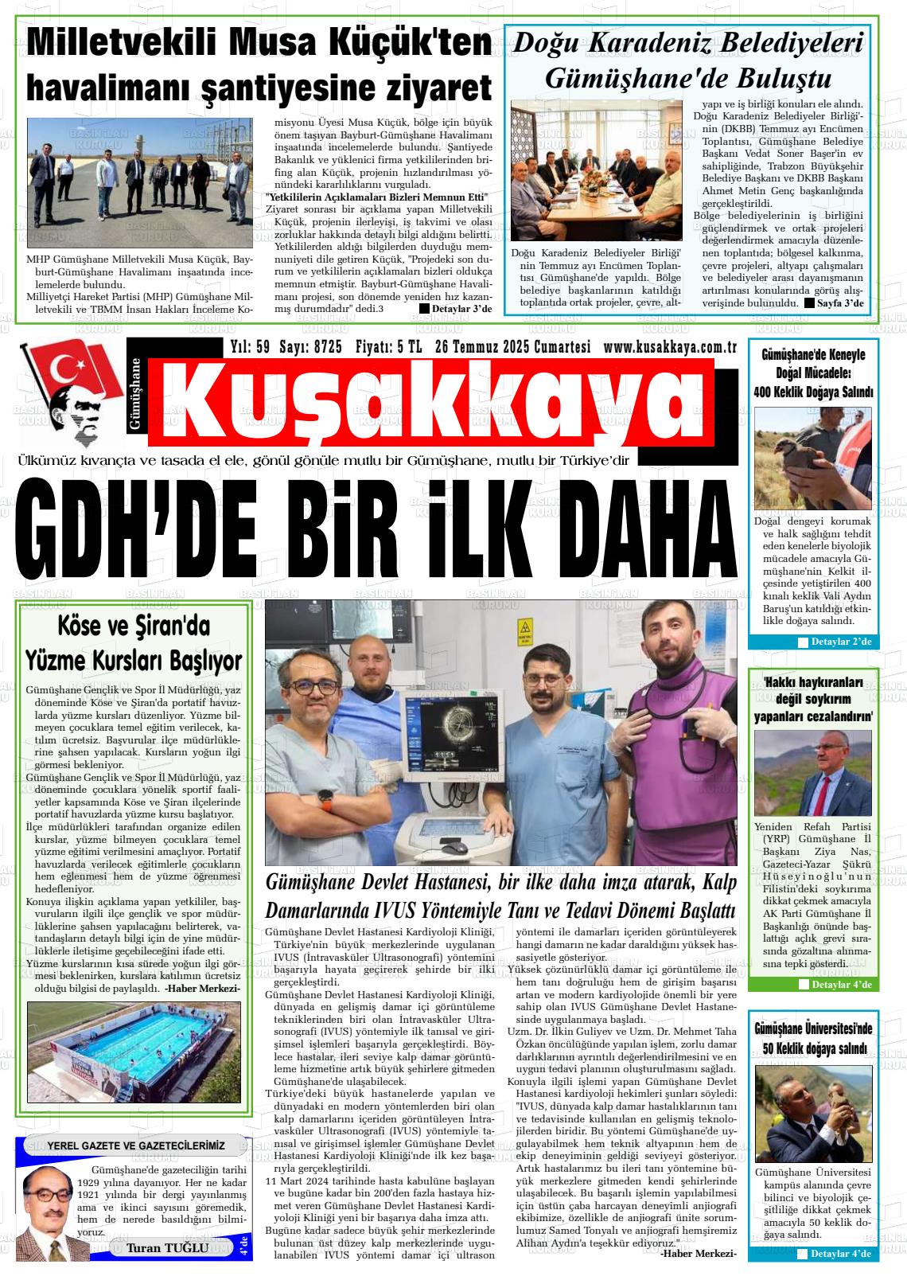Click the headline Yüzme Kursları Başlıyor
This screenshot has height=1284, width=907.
(x=134, y=660)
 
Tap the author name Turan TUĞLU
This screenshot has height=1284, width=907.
(x=168, y=1247)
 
